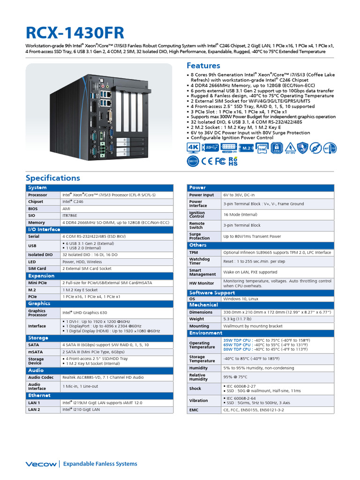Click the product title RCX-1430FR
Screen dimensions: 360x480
tap(75, 33)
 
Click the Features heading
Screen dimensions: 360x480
tap(203, 66)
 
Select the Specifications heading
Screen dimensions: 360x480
tap(52, 178)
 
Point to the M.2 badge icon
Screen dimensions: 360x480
tap(245, 148)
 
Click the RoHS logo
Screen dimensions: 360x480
tap(233, 162)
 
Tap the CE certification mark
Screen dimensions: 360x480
tap(207, 162)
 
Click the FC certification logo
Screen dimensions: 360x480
tap(220, 162)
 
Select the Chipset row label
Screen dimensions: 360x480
tap(36, 202)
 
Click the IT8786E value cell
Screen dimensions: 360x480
tap(70, 216)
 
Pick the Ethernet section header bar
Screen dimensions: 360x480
tap(99, 396)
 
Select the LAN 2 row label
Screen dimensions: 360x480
tap(34, 409)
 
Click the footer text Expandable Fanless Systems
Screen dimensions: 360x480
tap(100, 464)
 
